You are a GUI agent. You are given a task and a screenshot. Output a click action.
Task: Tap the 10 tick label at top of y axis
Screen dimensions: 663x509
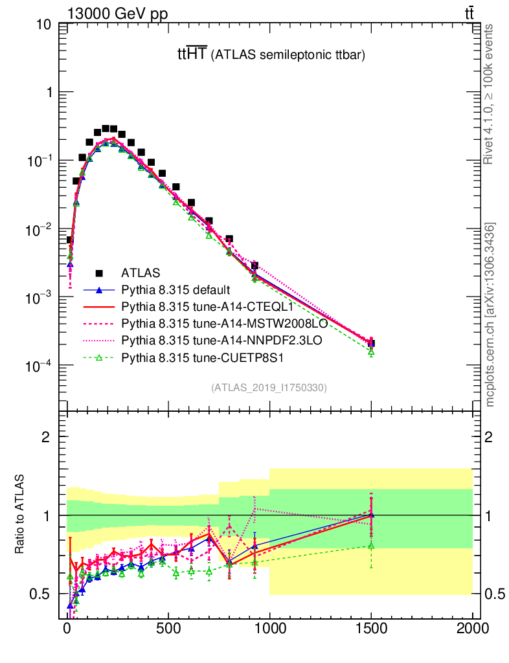click(45, 25)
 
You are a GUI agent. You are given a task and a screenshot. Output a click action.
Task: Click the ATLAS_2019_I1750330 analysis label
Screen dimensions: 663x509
click(269, 388)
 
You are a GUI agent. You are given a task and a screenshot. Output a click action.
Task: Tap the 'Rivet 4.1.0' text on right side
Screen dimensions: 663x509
click(489, 94)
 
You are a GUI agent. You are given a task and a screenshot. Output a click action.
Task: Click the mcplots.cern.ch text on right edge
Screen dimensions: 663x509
click(490, 314)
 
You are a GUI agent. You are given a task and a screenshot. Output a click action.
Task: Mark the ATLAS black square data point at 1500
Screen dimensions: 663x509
click(371, 344)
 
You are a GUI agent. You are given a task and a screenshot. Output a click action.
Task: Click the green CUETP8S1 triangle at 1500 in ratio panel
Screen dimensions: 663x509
click(371, 546)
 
